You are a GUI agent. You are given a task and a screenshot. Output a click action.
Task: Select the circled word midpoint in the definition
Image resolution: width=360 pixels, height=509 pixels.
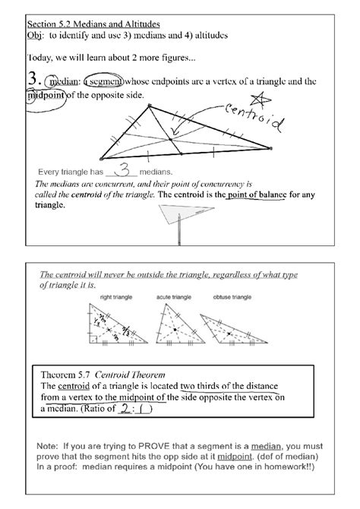click(47, 94)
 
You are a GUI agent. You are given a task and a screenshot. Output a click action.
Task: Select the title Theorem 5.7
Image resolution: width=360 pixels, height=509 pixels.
click(71, 375)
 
